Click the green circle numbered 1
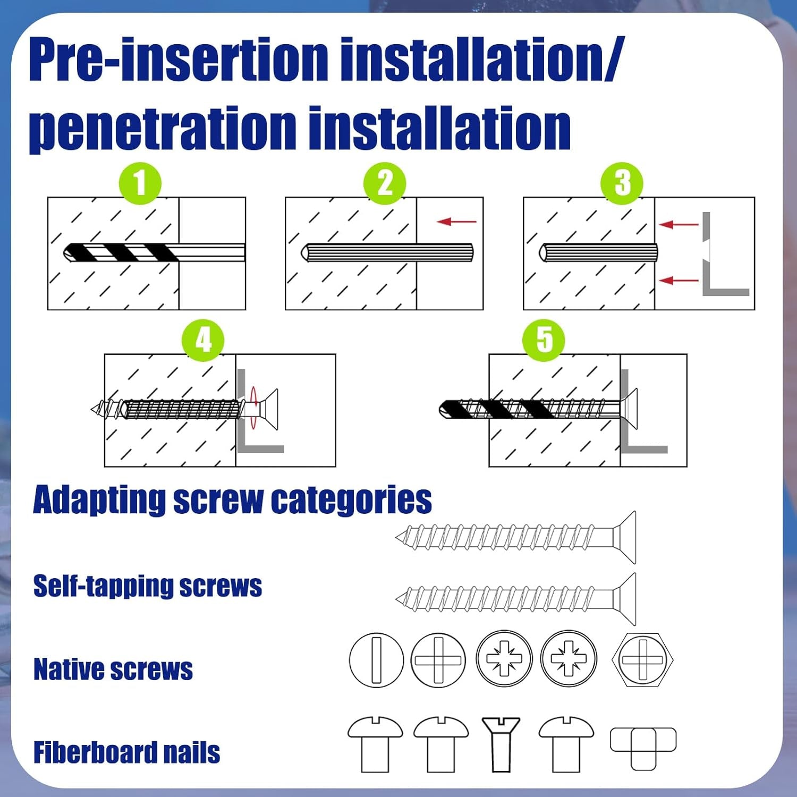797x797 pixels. click(140, 183)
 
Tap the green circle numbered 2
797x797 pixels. click(384, 183)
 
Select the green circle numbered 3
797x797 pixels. click(622, 183)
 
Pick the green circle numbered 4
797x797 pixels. click(203, 340)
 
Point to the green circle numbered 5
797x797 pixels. click(544, 340)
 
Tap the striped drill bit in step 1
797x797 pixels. click(122, 252)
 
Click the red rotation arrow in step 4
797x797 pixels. click(254, 408)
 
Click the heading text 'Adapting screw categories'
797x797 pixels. click(232, 500)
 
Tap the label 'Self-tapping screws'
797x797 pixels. click(147, 586)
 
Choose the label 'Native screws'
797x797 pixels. click(113, 669)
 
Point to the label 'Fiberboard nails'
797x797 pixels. click(126, 752)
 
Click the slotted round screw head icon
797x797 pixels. click(376, 660)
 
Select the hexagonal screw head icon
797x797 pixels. click(642, 660)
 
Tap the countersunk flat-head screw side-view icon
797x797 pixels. click(501, 744)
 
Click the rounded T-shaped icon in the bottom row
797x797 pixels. click(643, 747)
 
